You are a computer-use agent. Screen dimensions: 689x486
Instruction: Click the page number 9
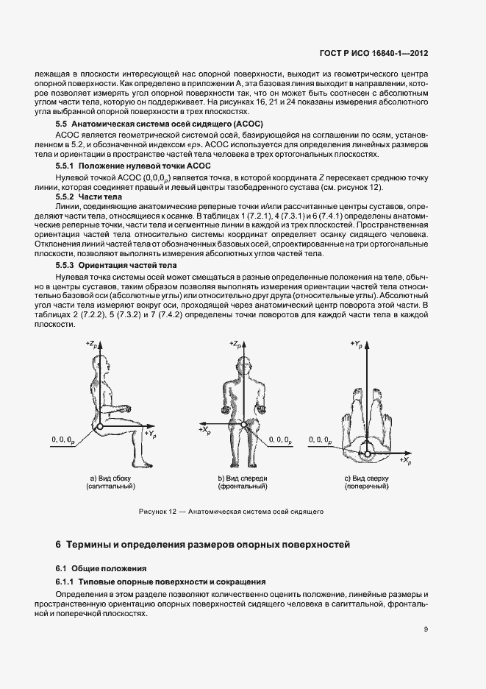[x=426, y=629]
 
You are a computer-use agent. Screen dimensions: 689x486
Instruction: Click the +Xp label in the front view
[x=205, y=427]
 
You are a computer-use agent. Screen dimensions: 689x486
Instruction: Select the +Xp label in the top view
[x=407, y=459]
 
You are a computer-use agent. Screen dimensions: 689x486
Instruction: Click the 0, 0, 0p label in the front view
[x=282, y=439]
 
